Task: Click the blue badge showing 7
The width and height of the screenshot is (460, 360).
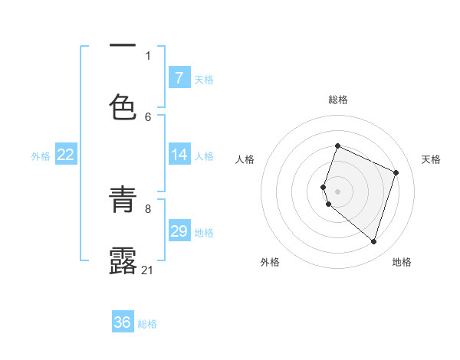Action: [179, 78]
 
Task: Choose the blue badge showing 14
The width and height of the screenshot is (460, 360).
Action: [179, 155]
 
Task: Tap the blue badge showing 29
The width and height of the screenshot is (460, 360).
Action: [179, 231]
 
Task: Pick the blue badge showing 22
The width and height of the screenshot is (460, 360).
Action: [66, 155]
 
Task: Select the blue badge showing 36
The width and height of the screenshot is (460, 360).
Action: [123, 322]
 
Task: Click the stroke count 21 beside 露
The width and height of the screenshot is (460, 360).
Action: [148, 270]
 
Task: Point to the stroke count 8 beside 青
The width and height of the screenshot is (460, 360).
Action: [148, 208]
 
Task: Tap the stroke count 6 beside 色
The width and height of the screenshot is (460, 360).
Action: [148, 116]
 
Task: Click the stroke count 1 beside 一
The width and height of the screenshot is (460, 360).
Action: [148, 55]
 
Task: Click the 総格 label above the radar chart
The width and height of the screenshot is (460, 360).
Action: [338, 100]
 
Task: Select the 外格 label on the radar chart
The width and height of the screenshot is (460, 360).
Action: [270, 262]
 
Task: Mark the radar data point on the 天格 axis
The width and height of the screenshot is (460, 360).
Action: [396, 172]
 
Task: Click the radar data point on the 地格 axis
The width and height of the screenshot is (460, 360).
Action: [373, 241]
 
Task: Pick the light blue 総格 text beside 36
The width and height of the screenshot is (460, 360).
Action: [147, 324]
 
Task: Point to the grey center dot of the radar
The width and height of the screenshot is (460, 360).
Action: [337, 191]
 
